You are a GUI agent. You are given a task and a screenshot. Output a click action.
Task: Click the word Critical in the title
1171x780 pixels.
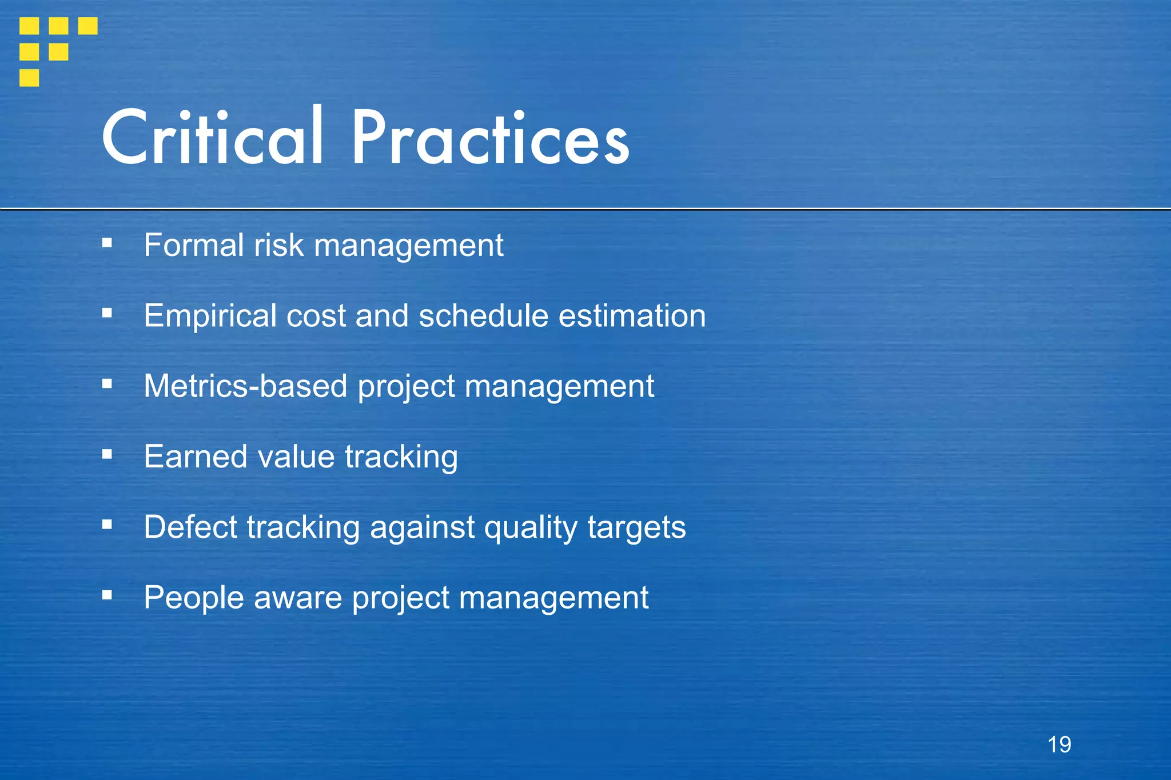213,137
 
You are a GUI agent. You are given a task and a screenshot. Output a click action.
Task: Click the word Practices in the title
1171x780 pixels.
490,138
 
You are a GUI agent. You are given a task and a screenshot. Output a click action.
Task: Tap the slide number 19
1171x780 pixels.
1059,745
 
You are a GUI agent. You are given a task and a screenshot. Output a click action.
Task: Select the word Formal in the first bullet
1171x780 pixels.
194,245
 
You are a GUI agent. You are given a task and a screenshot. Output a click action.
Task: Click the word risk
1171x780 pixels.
278,245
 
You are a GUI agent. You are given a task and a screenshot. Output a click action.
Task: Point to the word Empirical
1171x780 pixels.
210,316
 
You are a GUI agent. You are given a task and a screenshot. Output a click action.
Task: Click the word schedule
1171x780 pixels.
483,316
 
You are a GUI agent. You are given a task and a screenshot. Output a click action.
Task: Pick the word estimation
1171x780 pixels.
632,316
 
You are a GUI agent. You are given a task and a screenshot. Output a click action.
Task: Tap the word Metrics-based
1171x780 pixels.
245,386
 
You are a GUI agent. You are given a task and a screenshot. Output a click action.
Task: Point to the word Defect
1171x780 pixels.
190,527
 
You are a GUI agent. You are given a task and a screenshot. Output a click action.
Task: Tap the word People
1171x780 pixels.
193,598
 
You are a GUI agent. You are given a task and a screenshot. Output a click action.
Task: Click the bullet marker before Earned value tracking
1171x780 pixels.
107,454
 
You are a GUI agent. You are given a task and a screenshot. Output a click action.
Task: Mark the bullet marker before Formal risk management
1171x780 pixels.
107,243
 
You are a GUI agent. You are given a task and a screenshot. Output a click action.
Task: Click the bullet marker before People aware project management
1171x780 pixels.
107,595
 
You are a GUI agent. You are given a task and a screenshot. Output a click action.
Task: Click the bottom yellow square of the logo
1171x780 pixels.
29,78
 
